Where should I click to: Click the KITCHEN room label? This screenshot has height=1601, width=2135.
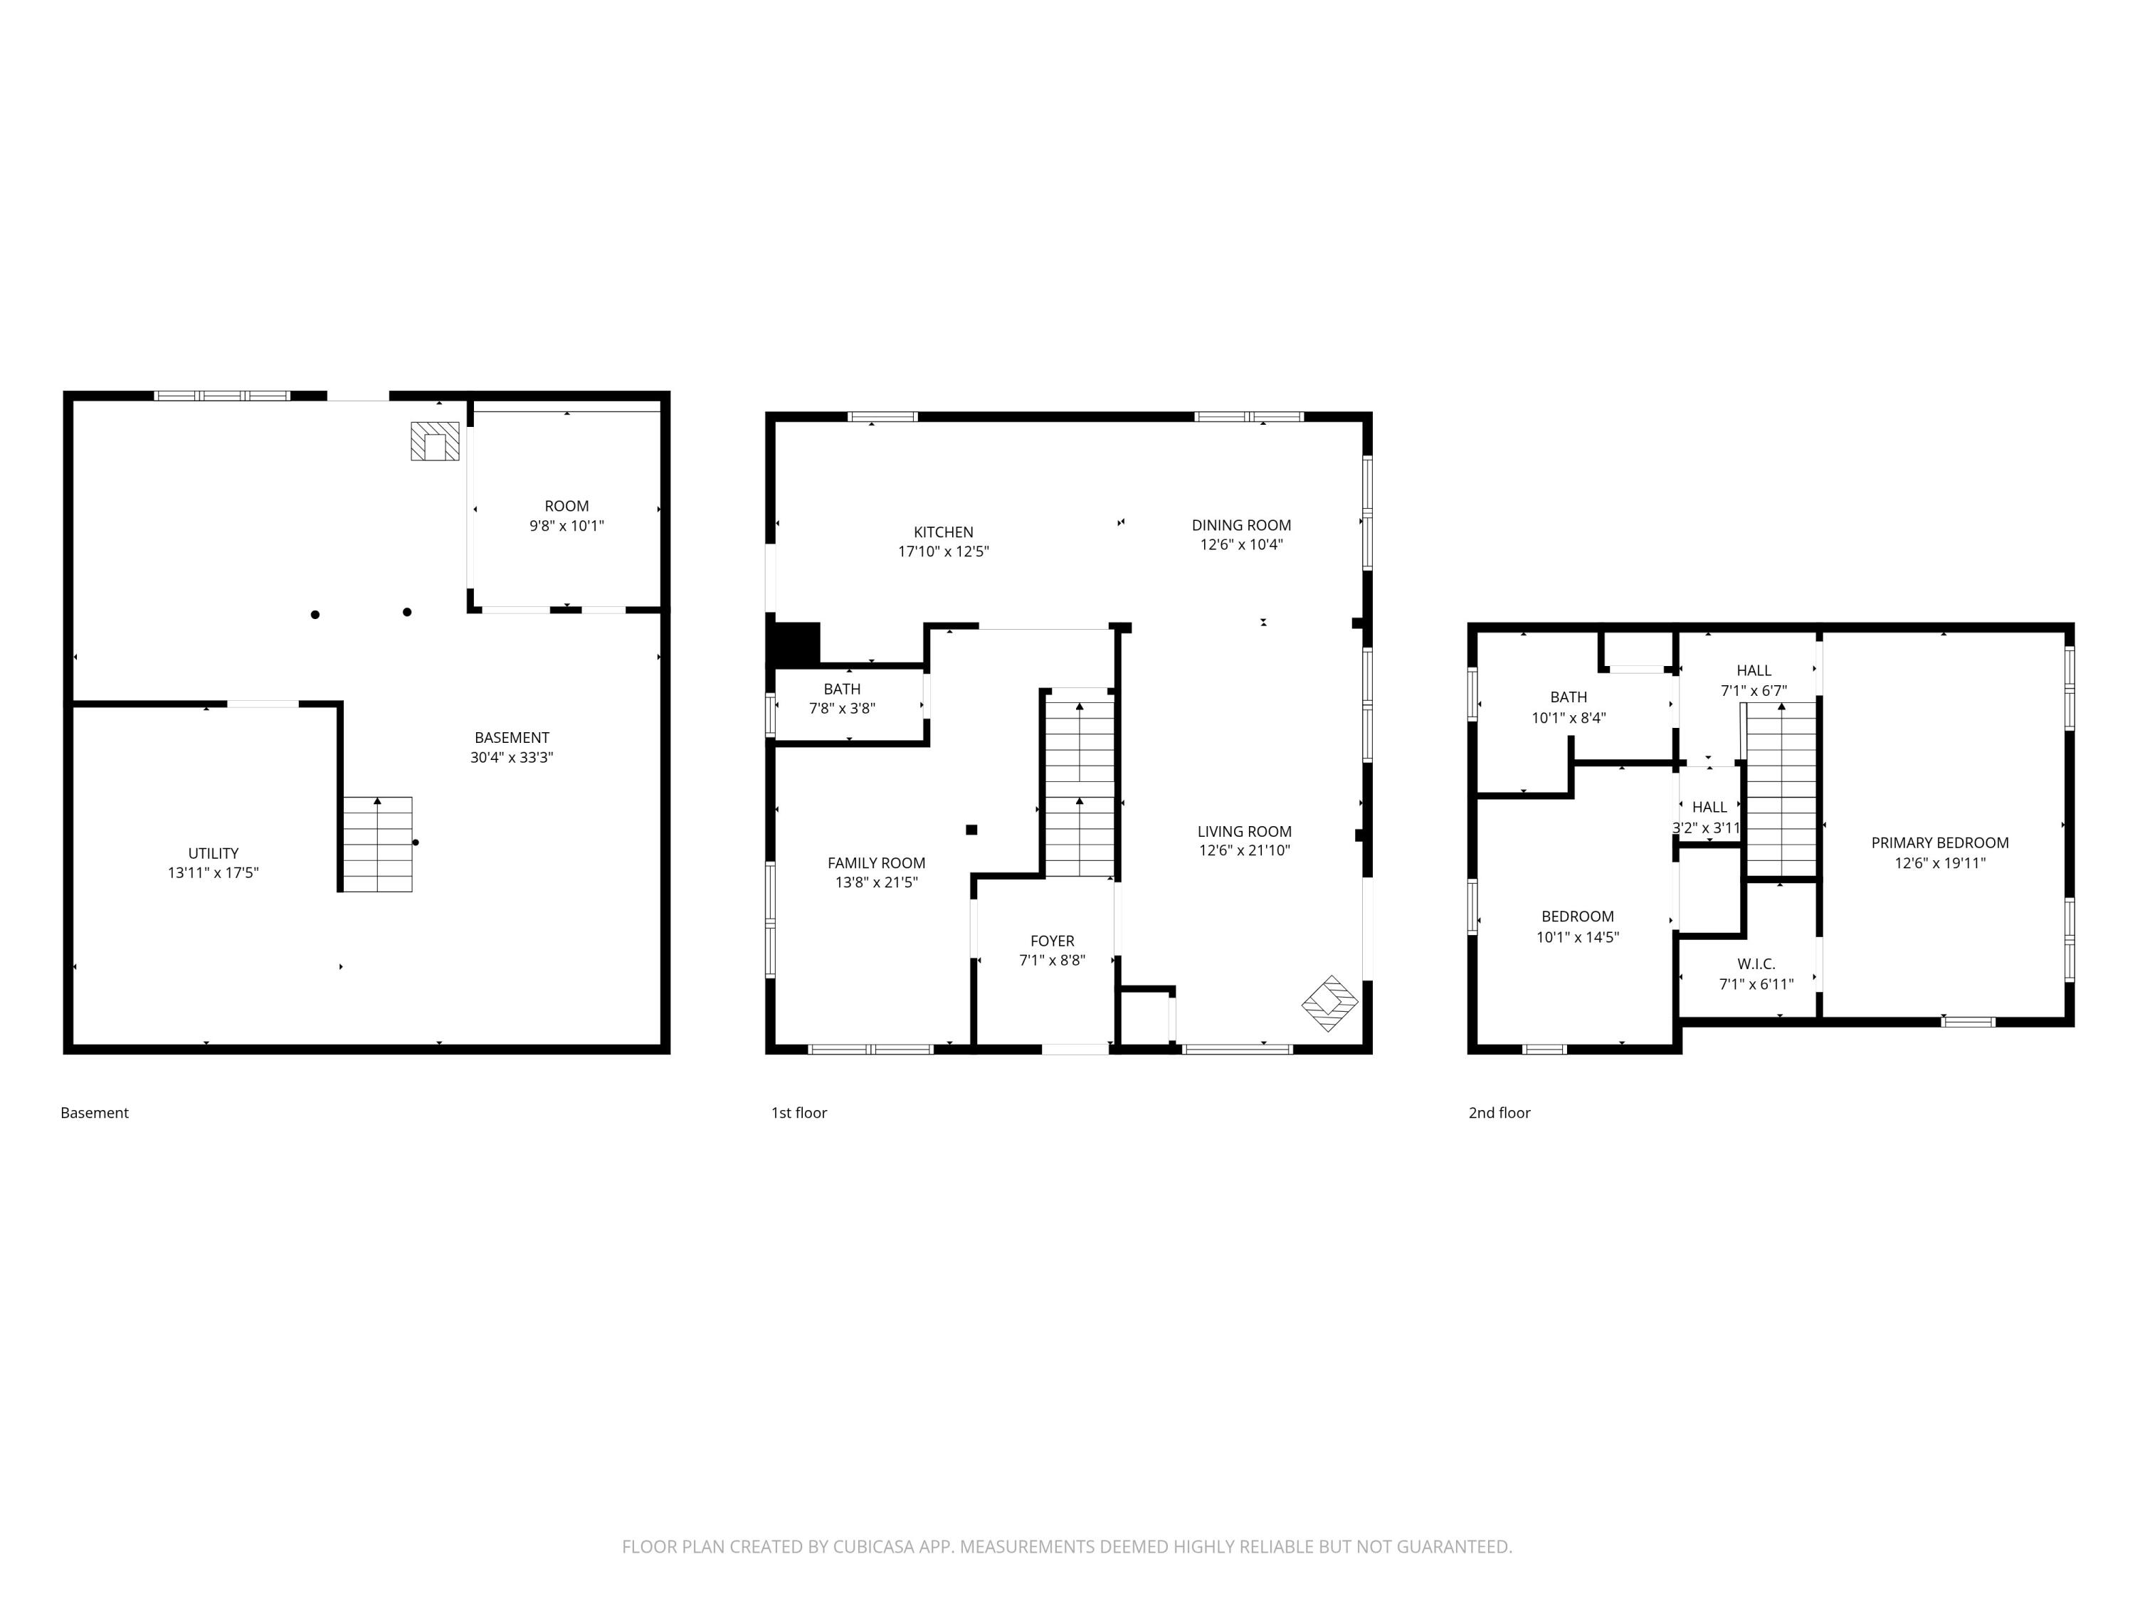pos(943,532)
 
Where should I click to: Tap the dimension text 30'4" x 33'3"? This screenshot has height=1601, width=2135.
pos(512,758)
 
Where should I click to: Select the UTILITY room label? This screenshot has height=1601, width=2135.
pos(213,853)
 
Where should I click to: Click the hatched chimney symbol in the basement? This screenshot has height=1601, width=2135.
pos(436,442)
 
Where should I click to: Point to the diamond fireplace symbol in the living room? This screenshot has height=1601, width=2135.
pos(1329,1003)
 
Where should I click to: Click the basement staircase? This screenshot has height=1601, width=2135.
pos(377,845)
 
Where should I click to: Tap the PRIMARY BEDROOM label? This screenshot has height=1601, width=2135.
pos(1939,842)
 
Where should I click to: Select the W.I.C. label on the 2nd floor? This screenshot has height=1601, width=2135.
pos(1756,964)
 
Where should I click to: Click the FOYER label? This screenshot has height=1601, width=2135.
pos(1052,941)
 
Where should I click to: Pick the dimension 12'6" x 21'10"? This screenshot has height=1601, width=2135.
pos(1244,850)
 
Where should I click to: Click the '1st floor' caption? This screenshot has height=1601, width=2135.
pos(798,1113)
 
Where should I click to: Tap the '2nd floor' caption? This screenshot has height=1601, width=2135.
pos(1499,1113)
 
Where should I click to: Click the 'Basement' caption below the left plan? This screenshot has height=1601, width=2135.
pos(95,1113)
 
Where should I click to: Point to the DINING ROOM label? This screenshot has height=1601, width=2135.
pos(1241,525)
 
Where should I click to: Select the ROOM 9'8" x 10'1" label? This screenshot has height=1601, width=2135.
pos(566,515)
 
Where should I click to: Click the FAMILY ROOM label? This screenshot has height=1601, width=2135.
pos(875,862)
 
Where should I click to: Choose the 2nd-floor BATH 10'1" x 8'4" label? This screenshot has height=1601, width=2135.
pos(1569,707)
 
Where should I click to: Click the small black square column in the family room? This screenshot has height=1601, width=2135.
pos(972,830)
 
